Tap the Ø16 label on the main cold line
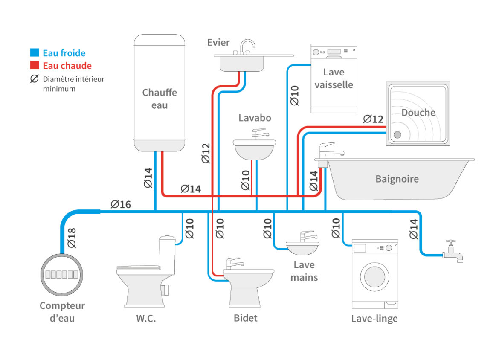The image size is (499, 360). (121, 204)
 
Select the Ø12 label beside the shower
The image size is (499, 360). (373, 119)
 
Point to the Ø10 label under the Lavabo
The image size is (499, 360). (246, 180)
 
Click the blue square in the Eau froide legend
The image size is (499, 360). (35, 53)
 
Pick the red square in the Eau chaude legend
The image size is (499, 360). (35, 66)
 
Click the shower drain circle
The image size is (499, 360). (397, 135)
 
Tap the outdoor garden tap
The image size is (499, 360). (453, 252)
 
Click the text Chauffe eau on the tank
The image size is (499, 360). (159, 99)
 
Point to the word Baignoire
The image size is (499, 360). (397, 179)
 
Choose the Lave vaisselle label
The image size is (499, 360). (334, 78)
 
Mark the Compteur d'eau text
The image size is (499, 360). (62, 312)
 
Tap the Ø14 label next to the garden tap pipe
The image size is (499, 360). (413, 229)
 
